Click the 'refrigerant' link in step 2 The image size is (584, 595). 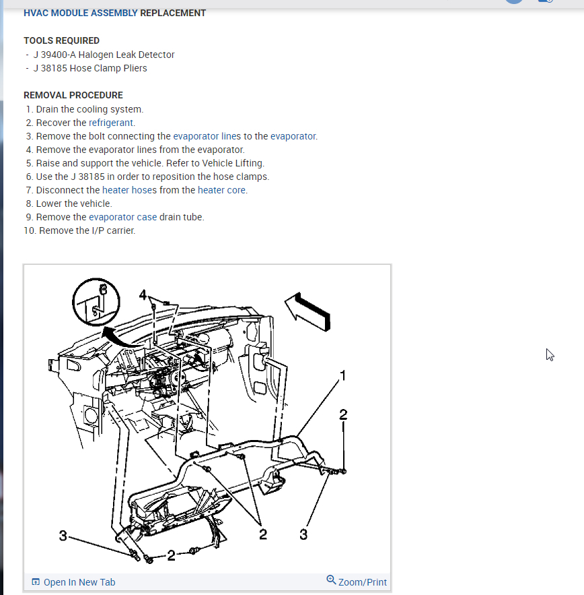tap(112, 123)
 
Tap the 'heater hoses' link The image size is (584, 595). tap(129, 190)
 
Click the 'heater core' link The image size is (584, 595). tap(221, 190)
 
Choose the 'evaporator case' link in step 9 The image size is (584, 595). tap(122, 217)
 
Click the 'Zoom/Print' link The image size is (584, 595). tap(362, 582)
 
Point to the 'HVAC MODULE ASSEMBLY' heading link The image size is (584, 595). tap(81, 13)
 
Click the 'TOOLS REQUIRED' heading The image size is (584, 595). tap(61, 40)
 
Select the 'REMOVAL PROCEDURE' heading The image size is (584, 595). tap(73, 95)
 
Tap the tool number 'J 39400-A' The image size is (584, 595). tap(54, 55)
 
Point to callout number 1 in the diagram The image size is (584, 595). tap(343, 375)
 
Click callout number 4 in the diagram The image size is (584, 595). tap(143, 294)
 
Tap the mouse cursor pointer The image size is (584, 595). tap(550, 354)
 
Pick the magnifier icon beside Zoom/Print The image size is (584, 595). tap(331, 580)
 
